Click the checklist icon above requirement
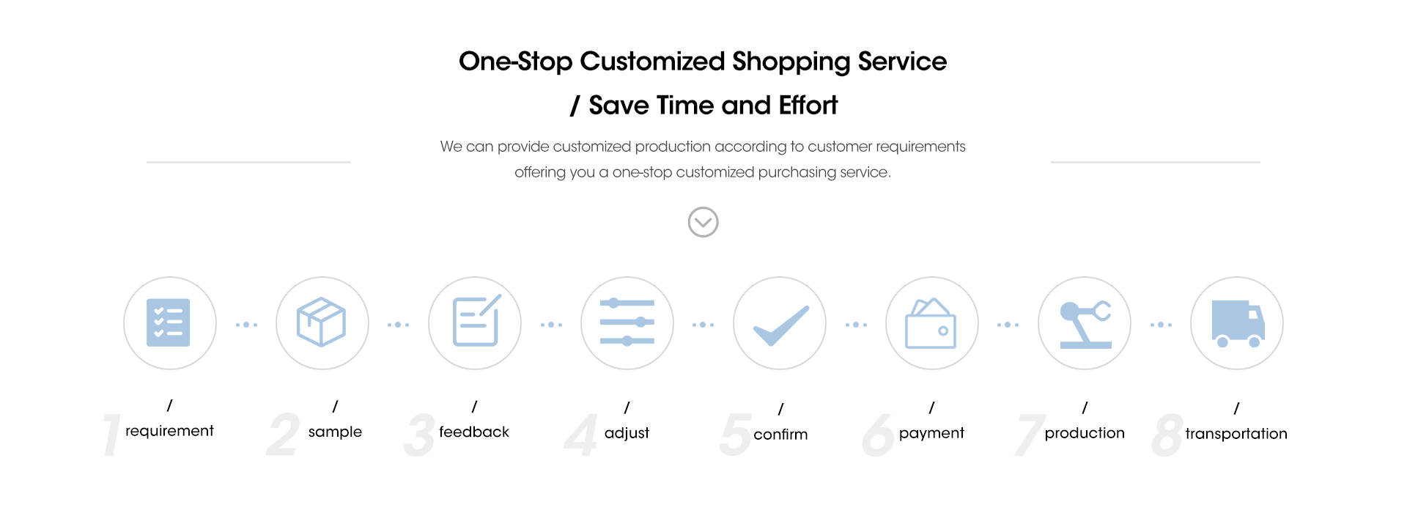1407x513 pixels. [x=169, y=322]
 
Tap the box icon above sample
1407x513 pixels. [x=321, y=322]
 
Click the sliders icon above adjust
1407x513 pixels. [x=627, y=322]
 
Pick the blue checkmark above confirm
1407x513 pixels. [x=781, y=325]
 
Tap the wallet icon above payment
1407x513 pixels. [x=931, y=323]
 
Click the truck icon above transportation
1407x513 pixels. [x=1238, y=323]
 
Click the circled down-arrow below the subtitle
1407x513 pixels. [x=703, y=222]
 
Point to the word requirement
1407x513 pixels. [x=169, y=431]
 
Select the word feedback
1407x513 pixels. [x=474, y=432]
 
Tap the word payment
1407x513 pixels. [x=931, y=433]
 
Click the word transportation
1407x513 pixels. [x=1236, y=434]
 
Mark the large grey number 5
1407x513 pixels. [x=736, y=435]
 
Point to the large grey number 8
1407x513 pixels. [x=1167, y=435]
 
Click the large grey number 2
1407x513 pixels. [x=283, y=435]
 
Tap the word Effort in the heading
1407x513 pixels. [x=808, y=106]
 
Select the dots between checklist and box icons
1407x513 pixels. [x=246, y=325]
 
